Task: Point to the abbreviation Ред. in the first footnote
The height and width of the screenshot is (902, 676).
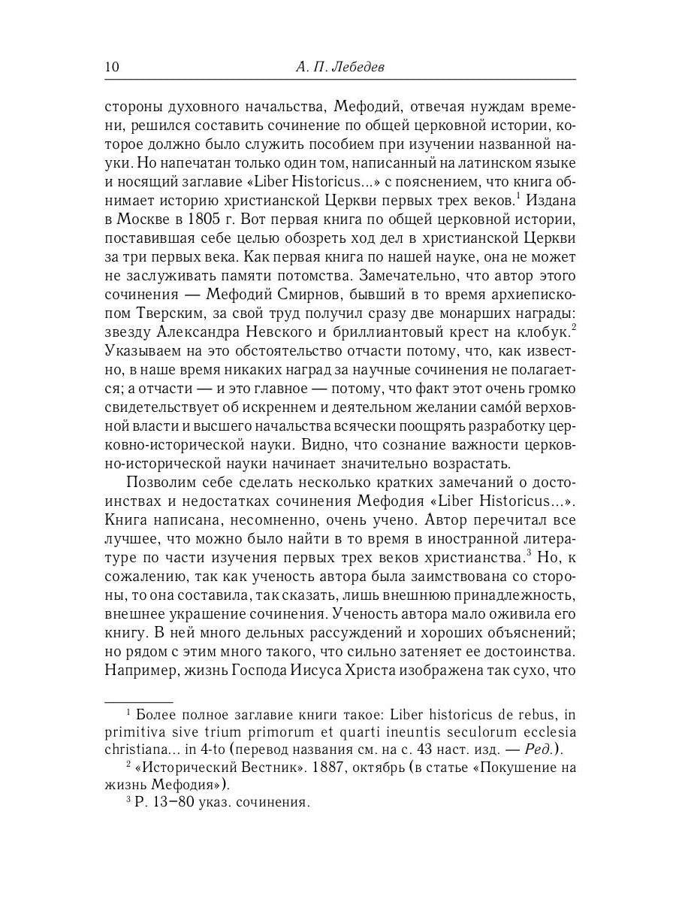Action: (537, 749)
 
